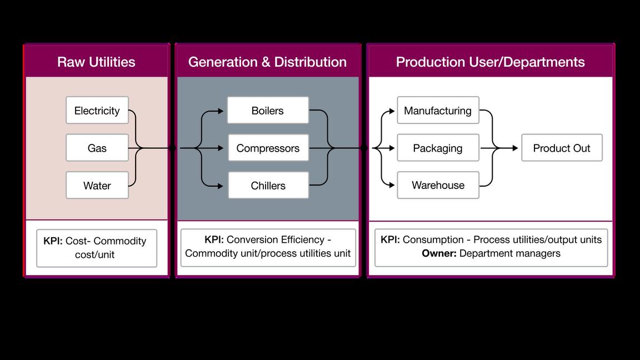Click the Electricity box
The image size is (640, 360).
tap(97, 111)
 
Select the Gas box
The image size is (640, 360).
tap(97, 148)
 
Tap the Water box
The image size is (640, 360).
tap(97, 185)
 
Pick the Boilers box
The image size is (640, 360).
tap(268, 111)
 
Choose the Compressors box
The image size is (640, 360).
tap(268, 148)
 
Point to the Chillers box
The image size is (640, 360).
tap(268, 185)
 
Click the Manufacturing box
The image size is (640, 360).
tap(438, 111)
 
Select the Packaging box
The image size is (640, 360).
tap(438, 148)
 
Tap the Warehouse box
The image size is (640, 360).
tap(438, 185)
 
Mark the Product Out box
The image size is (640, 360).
tap(562, 148)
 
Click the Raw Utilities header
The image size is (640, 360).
tap(96, 62)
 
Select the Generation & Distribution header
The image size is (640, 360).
tap(267, 62)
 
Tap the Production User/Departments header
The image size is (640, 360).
tap(490, 62)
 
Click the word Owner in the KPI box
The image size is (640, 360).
tap(439, 253)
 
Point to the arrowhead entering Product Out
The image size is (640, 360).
tap(515, 148)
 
